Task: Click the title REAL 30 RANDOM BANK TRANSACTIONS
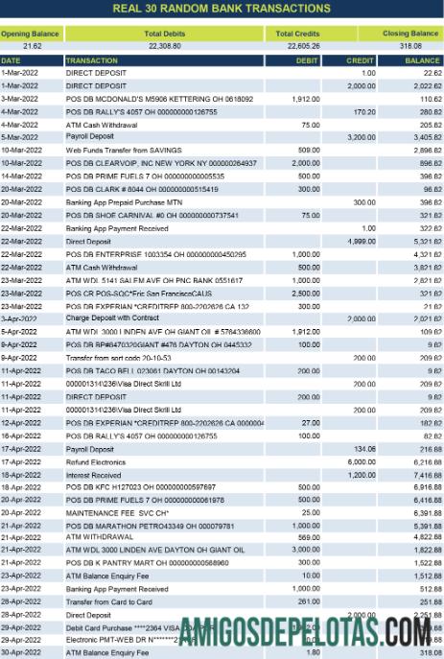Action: pos(222,9)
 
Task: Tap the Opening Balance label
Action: pos(30,34)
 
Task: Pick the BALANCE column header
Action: pos(422,59)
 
